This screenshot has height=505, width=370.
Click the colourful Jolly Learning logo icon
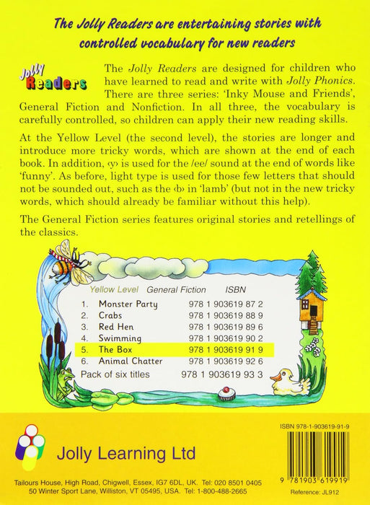(30, 446)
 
